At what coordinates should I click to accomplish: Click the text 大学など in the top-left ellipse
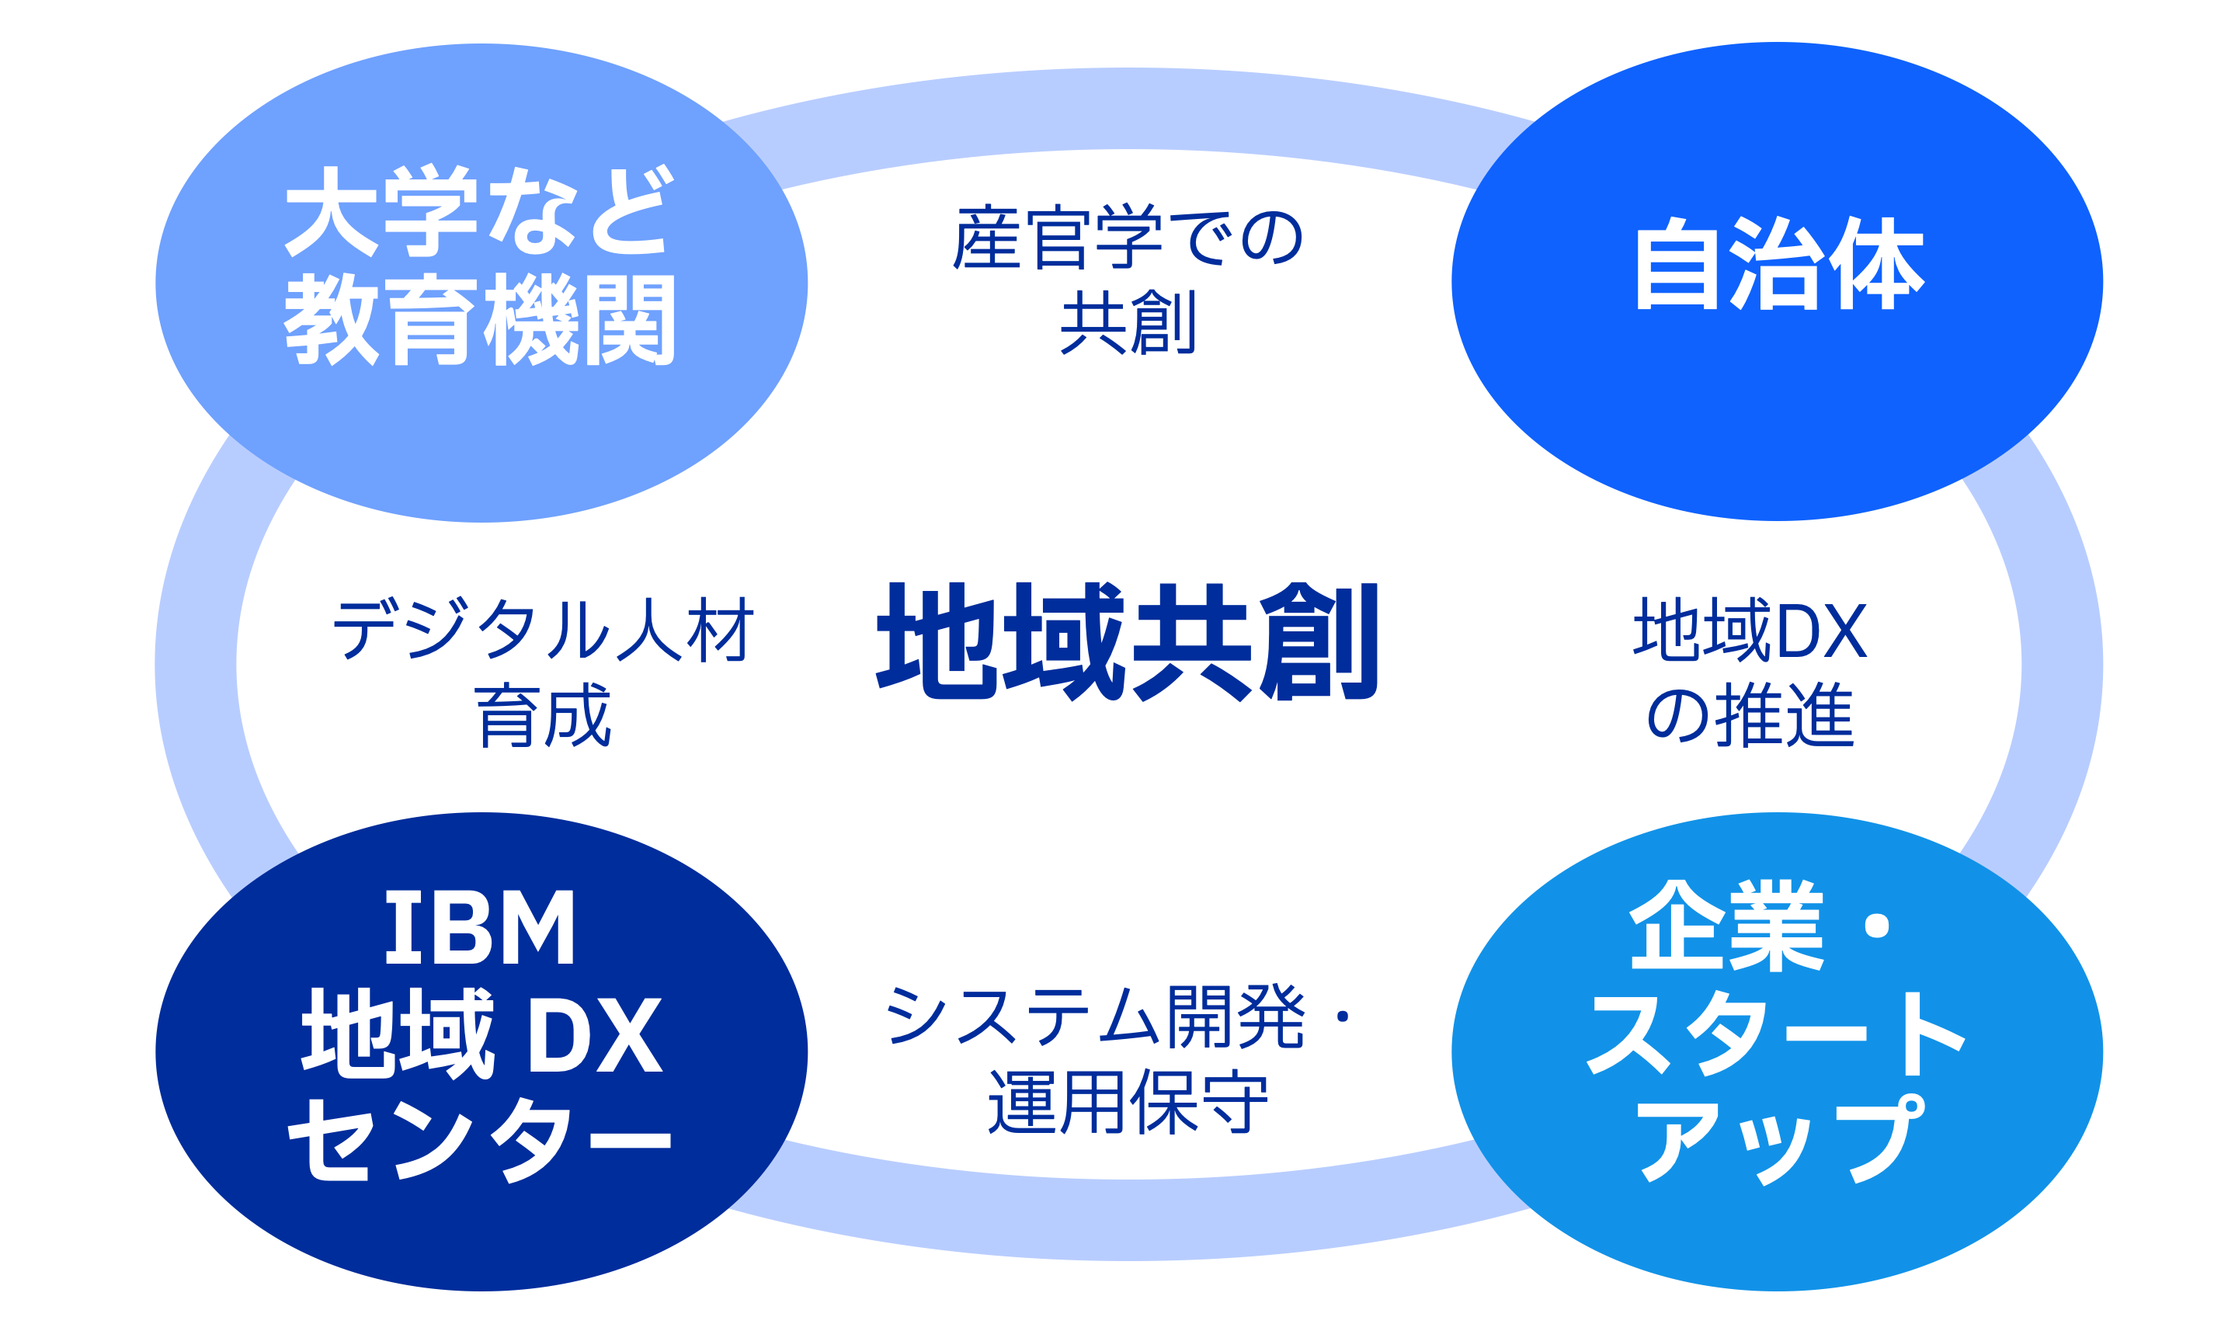(x=479, y=210)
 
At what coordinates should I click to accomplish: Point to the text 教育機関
(x=479, y=318)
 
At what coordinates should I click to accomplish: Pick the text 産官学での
(x=1128, y=238)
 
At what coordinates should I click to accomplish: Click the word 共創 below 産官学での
(x=1128, y=322)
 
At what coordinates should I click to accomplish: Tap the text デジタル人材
(x=544, y=628)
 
